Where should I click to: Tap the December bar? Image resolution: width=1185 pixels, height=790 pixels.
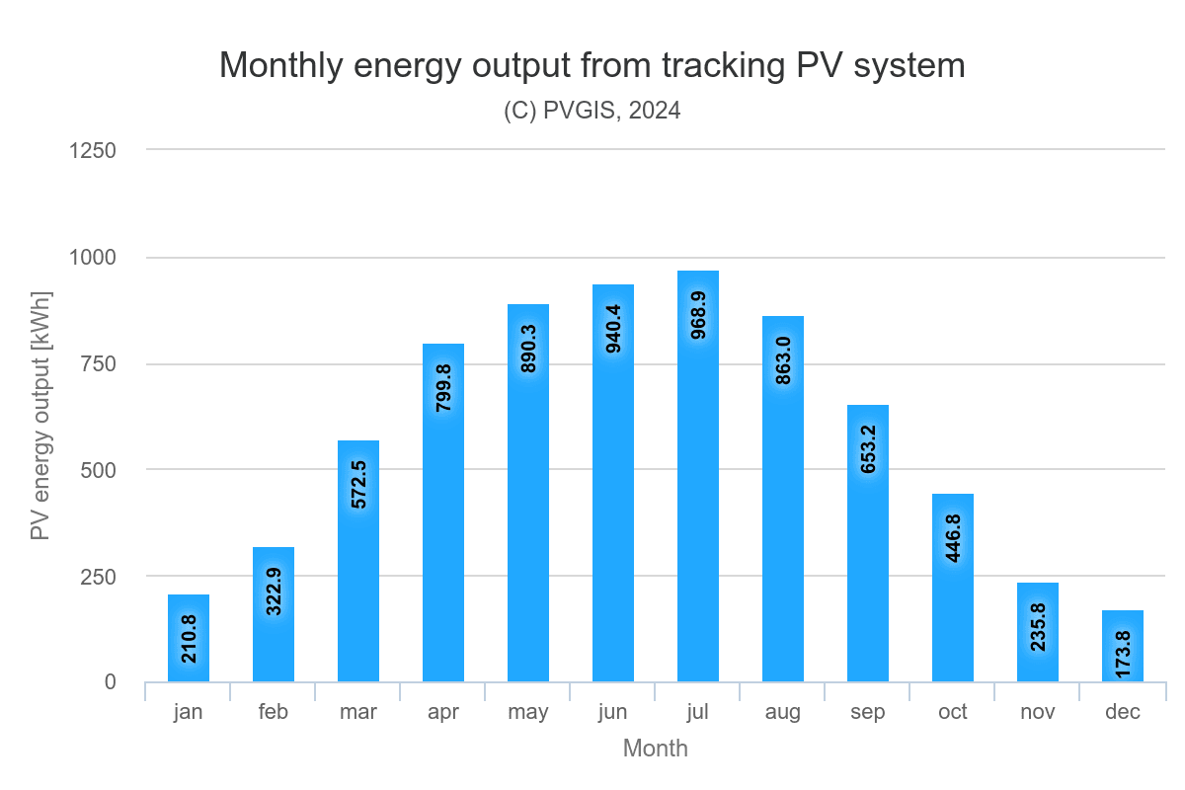point(1123,646)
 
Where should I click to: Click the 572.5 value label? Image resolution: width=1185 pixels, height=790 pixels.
point(358,484)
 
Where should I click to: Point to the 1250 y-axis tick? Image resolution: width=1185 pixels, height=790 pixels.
point(92,150)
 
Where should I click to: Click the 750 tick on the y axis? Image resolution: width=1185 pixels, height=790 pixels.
point(98,363)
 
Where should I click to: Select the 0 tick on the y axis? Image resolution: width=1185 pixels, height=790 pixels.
point(110,682)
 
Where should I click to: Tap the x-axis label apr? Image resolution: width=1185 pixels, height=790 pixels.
point(443,712)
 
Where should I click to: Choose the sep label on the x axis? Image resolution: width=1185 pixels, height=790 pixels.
point(868,712)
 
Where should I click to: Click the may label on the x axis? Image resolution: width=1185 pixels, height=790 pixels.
point(528,712)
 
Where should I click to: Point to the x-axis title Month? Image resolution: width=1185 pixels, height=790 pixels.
point(655,749)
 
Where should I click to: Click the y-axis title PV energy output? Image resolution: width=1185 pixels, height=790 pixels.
point(39,416)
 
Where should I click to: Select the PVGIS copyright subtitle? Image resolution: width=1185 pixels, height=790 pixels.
point(592,111)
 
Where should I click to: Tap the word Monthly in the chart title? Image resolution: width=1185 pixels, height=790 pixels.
point(281,65)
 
